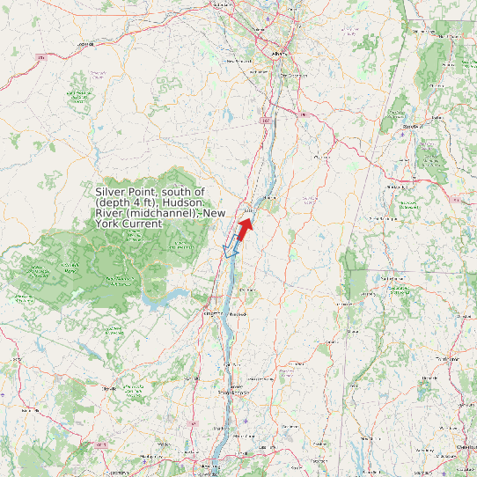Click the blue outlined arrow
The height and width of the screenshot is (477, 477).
click(x=231, y=246)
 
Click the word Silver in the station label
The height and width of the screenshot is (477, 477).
click(x=112, y=192)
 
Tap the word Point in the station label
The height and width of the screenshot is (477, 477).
click(x=145, y=192)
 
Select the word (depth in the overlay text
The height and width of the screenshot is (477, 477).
click(x=112, y=203)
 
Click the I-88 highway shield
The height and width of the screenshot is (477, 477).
click(x=40, y=58)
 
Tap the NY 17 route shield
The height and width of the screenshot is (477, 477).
click(x=100, y=445)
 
